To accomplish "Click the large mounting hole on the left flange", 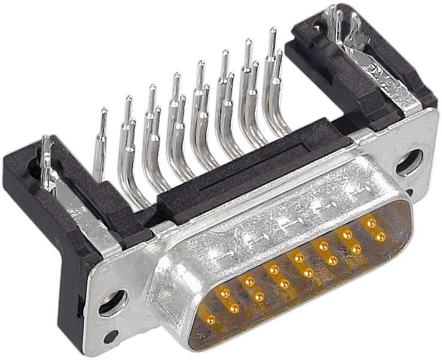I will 112,303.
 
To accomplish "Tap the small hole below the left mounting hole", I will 110,337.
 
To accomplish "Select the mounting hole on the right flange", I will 410,162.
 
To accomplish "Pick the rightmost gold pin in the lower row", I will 380,236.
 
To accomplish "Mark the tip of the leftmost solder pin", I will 104,112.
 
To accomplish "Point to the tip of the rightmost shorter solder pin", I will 278,53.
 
